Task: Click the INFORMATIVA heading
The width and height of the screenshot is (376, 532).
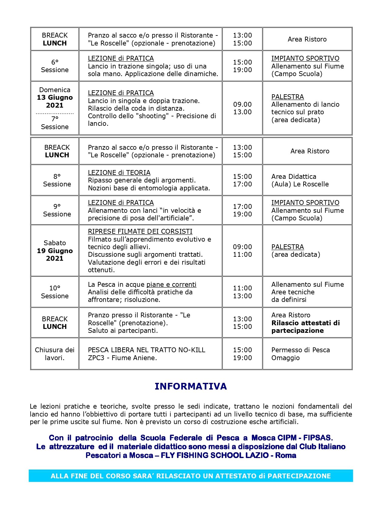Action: (x=190, y=386)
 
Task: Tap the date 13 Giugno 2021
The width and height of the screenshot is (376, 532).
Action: (x=55, y=101)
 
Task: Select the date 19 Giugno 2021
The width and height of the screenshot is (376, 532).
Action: (x=55, y=254)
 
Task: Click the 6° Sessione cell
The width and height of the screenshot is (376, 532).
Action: (x=55, y=66)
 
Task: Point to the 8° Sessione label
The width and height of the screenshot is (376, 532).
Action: (x=57, y=180)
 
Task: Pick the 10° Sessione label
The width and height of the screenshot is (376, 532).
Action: (x=55, y=292)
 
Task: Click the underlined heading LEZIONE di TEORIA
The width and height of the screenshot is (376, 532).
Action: (x=119, y=172)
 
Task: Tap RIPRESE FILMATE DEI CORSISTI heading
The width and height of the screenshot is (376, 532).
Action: (x=140, y=231)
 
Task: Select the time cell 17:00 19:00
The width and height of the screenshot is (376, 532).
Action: (x=242, y=210)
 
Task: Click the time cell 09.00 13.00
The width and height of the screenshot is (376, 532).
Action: (x=242, y=108)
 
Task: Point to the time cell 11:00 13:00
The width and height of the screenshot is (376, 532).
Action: (x=242, y=292)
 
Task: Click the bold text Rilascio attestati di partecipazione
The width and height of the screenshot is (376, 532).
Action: (x=305, y=326)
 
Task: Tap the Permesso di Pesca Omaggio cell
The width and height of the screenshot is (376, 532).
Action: (x=300, y=353)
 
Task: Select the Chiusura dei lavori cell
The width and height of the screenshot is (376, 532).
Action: (x=55, y=353)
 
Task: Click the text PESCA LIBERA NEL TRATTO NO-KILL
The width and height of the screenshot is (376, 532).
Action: (x=146, y=350)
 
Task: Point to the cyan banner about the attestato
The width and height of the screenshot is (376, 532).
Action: (x=190, y=476)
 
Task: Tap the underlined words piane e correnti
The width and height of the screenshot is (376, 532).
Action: (x=171, y=284)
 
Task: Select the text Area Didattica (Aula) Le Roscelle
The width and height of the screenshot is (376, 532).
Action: (x=300, y=180)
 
